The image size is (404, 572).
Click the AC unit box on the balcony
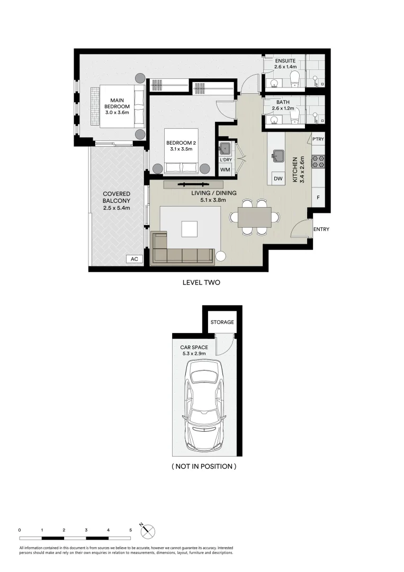pyautogui.click(x=134, y=259)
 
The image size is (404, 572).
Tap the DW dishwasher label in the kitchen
pyautogui.click(x=277, y=179)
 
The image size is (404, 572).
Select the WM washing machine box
pyautogui.click(x=225, y=169)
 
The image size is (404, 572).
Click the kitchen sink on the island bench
pyautogui.click(x=277, y=155)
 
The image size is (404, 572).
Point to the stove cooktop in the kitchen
pyautogui.click(x=318, y=161)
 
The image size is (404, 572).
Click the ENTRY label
pyautogui.click(x=321, y=229)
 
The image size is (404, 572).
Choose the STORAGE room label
pyautogui.click(x=222, y=322)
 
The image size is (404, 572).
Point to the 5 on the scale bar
pyautogui.click(x=130, y=530)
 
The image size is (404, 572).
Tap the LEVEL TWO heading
pyautogui.click(x=201, y=283)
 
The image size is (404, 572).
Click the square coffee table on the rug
pyautogui.click(x=190, y=229)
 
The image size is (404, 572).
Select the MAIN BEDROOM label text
pyautogui.click(x=117, y=106)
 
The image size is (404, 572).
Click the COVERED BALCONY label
pyautogui.click(x=116, y=201)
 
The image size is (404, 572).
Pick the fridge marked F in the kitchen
pyautogui.click(x=318, y=197)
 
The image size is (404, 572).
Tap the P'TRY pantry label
pyautogui.click(x=318, y=139)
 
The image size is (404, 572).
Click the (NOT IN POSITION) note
pyautogui.click(x=204, y=467)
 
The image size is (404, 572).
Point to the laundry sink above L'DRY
pyautogui.click(x=225, y=147)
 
